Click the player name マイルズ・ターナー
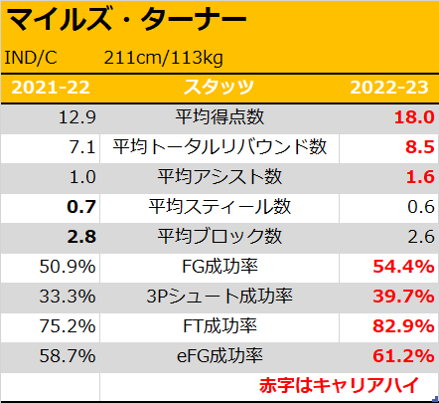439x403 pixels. click(126, 19)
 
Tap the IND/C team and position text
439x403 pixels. click(31, 58)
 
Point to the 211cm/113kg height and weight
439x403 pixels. click(164, 59)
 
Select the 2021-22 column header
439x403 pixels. click(51, 88)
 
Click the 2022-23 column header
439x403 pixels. click(389, 88)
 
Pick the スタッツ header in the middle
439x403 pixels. click(219, 88)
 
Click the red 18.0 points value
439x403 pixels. click(414, 117)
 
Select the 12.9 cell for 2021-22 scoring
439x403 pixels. click(77, 117)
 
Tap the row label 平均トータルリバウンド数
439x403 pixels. click(219, 146)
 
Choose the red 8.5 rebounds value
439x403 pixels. click(420, 147)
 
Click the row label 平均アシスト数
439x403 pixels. click(219, 176)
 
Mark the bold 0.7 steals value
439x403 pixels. click(81, 207)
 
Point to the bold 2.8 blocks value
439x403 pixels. click(81, 237)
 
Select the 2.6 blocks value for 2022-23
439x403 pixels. click(421, 237)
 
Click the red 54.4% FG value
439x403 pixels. click(403, 267)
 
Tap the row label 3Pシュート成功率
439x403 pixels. click(219, 296)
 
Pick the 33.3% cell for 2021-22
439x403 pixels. click(68, 297)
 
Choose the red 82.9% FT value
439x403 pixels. click(403, 326)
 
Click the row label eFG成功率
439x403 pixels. click(219, 356)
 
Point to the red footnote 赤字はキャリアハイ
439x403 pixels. click(339, 385)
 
